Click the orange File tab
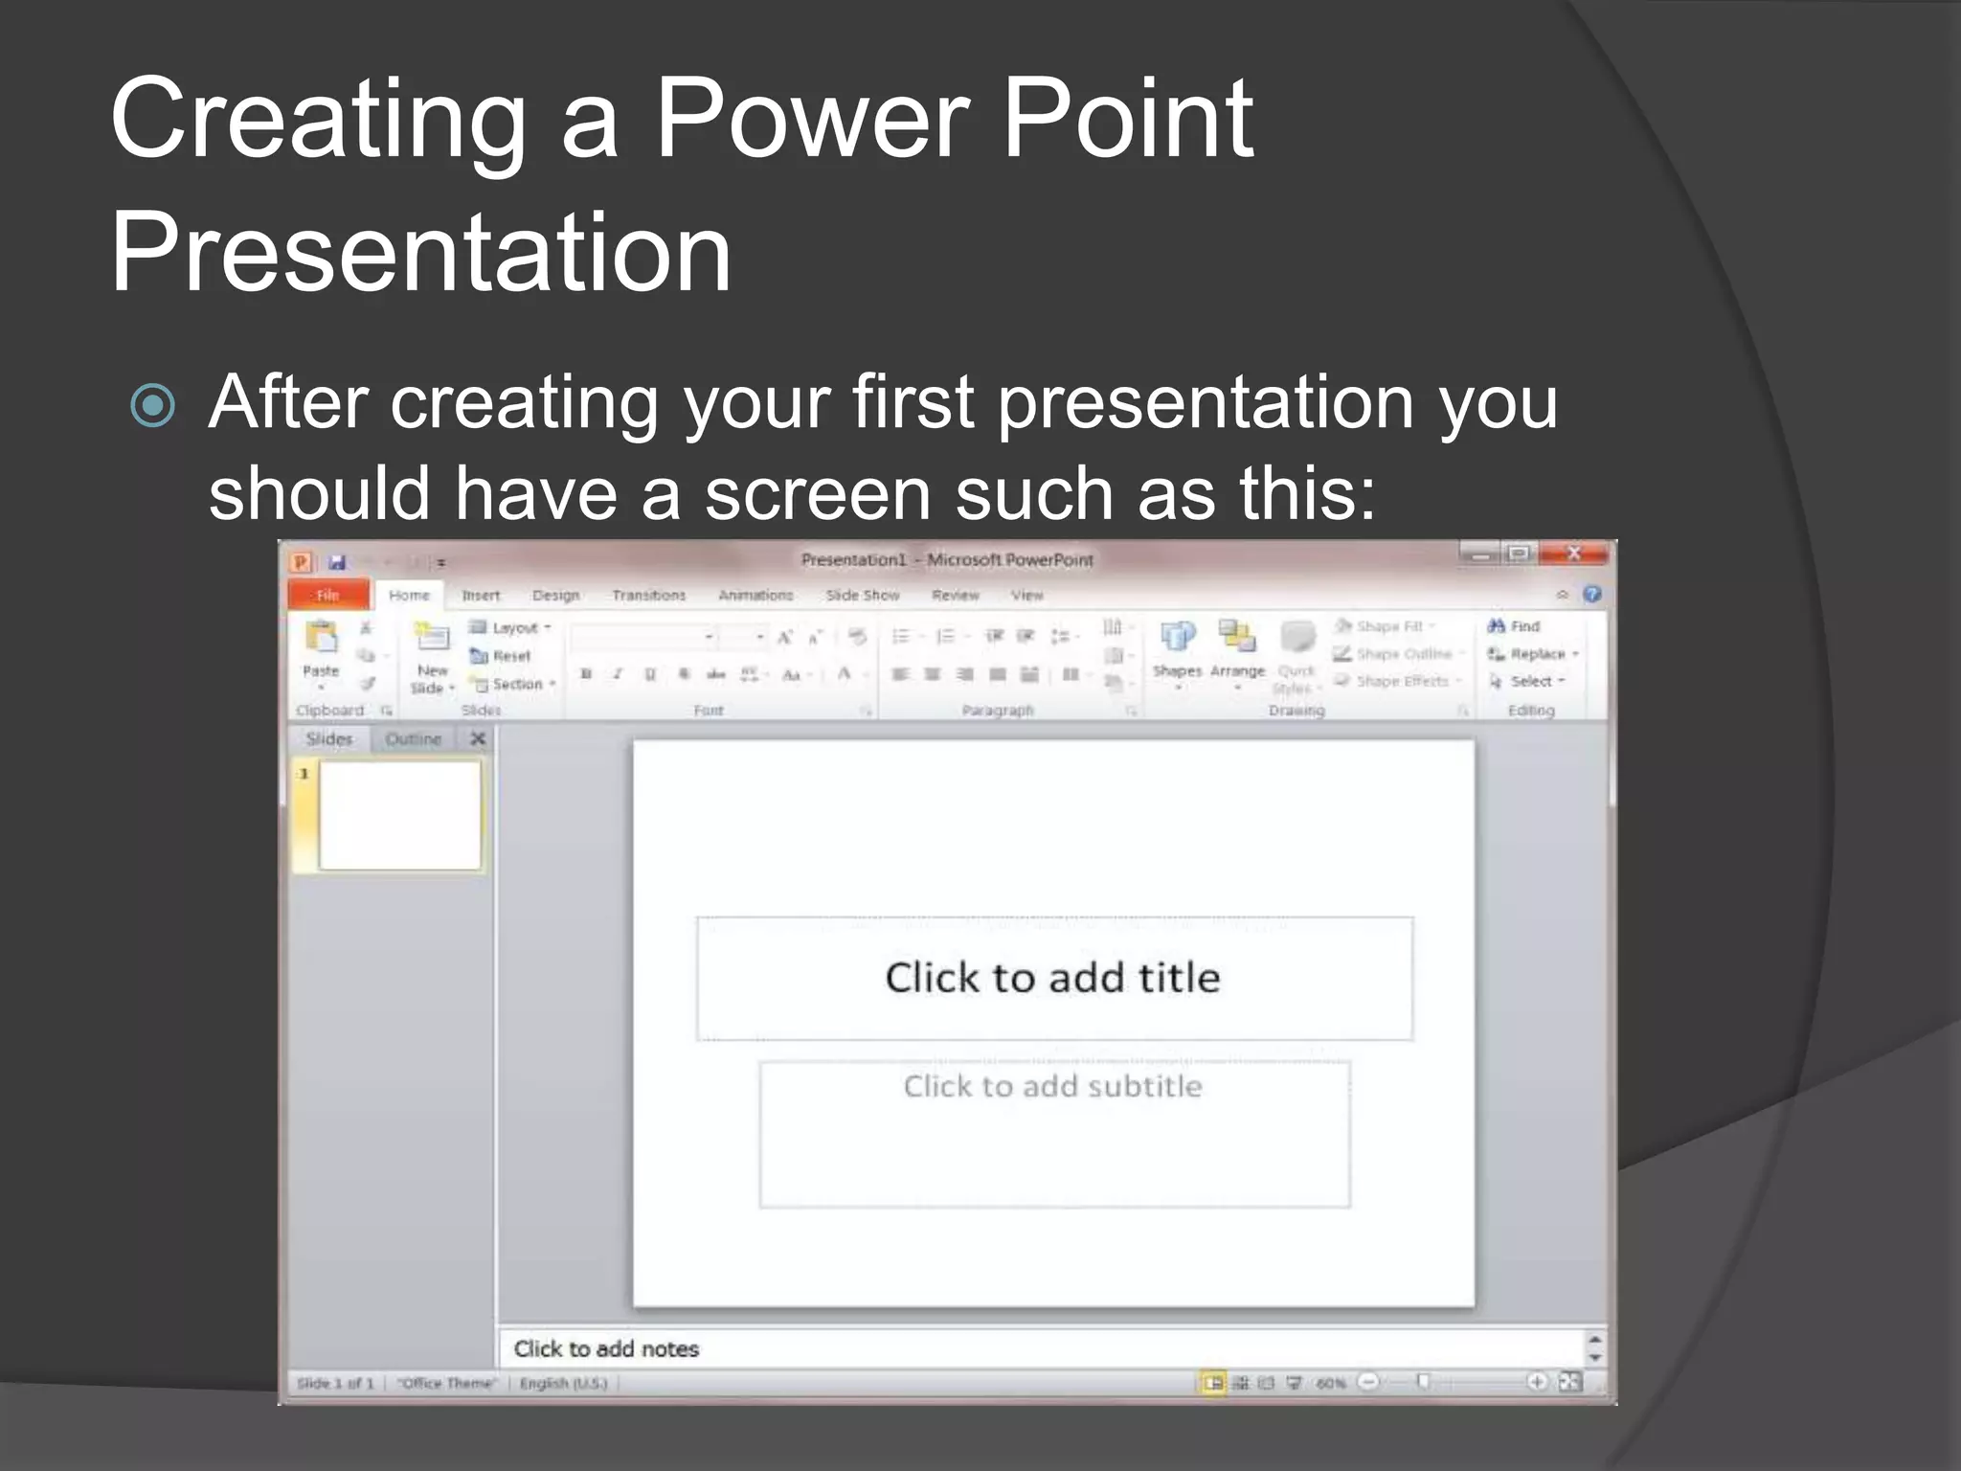(328, 595)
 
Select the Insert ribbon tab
(481, 595)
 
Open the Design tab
(555, 595)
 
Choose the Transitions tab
(648, 595)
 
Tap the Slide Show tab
(862, 595)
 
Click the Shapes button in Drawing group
(1177, 646)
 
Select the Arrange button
(1237, 646)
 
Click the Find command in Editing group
(1515, 626)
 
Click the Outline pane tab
(413, 738)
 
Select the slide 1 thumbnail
(399, 815)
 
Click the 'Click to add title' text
(1052, 978)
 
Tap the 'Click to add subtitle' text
(1052, 1086)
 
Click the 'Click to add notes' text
(606, 1348)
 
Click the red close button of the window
(1573, 554)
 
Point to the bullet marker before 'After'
(153, 405)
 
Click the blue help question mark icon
(1592, 595)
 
